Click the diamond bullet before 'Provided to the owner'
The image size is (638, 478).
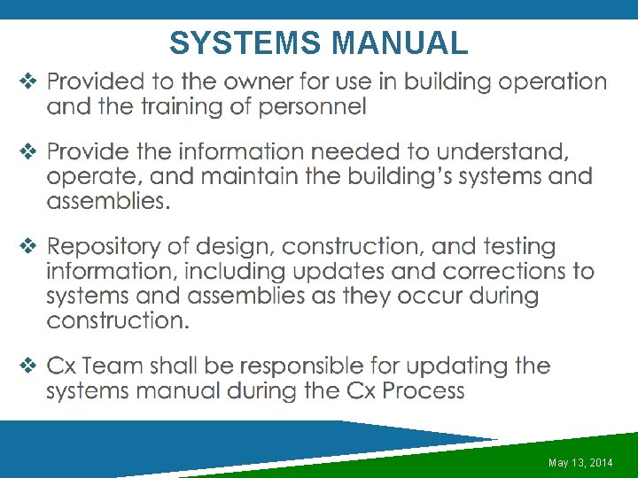tap(27, 83)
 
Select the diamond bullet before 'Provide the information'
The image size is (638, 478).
tap(27, 152)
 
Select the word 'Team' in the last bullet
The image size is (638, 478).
tap(117, 366)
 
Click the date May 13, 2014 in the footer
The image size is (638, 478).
tap(580, 463)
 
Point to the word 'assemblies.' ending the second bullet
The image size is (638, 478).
tap(108, 201)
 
